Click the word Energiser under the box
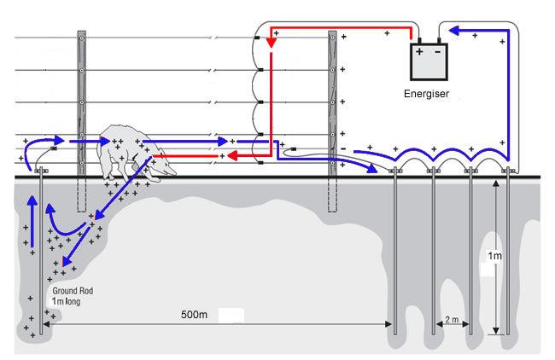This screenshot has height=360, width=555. click(x=428, y=92)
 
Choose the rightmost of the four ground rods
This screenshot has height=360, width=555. click(x=508, y=256)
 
